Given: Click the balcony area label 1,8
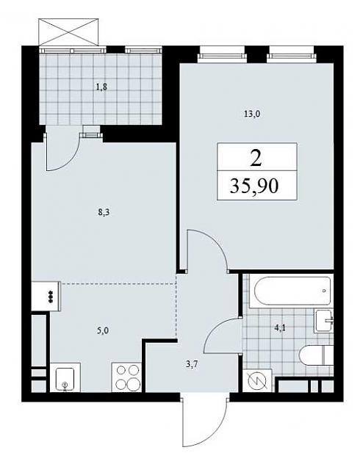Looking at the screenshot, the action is point(101,87).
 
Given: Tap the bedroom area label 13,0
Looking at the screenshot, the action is point(252,114).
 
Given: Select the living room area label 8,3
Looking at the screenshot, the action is point(104,212).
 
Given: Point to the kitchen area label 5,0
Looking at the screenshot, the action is point(102,330).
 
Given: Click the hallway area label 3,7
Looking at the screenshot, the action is point(192,365).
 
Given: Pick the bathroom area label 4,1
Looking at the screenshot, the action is point(280,328).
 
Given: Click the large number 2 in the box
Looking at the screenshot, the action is point(256,158).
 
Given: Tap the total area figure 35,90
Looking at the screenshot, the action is point(254,186).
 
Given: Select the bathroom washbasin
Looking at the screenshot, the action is point(325,321).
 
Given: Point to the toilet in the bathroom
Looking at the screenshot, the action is point(316,355).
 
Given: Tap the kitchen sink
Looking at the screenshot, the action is point(65,378).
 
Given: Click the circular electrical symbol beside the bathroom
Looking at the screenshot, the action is point(256,381).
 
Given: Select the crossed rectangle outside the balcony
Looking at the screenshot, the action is point(68,32).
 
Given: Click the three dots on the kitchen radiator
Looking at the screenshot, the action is point(50,296).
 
